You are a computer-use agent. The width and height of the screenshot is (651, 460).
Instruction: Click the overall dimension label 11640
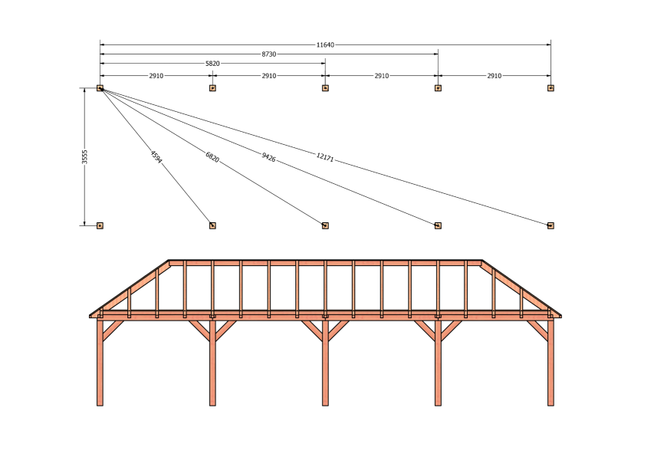pos(325,44)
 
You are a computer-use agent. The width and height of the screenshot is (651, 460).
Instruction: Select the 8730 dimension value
pos(269,54)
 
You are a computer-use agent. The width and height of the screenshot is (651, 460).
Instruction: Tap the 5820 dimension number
pos(212,64)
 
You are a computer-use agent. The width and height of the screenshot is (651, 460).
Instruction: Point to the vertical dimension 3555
pos(84,157)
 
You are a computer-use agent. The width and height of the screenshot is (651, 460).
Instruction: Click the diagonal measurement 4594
pos(156,157)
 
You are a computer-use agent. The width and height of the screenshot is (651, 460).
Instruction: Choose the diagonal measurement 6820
pos(212,157)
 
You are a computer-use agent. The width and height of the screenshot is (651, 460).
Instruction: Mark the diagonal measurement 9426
pos(268,157)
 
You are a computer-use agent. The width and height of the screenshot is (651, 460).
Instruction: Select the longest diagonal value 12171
pos(324,157)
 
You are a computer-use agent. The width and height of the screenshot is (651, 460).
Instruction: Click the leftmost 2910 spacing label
pos(156,76)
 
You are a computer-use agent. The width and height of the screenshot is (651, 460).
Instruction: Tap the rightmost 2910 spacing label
pos(494,76)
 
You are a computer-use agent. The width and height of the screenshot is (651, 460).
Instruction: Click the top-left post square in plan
pos(100,88)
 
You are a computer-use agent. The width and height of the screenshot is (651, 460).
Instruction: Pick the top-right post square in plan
pos(551,88)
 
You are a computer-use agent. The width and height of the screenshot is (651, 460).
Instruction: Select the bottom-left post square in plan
pos(100,225)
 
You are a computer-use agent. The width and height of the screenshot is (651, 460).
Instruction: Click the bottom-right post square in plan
pos(551,225)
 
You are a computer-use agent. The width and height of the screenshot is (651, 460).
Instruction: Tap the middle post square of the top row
pos(325,88)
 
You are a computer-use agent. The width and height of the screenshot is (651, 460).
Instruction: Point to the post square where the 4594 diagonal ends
pos(212,225)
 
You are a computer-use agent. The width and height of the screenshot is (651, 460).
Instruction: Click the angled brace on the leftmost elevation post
pos(113,331)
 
